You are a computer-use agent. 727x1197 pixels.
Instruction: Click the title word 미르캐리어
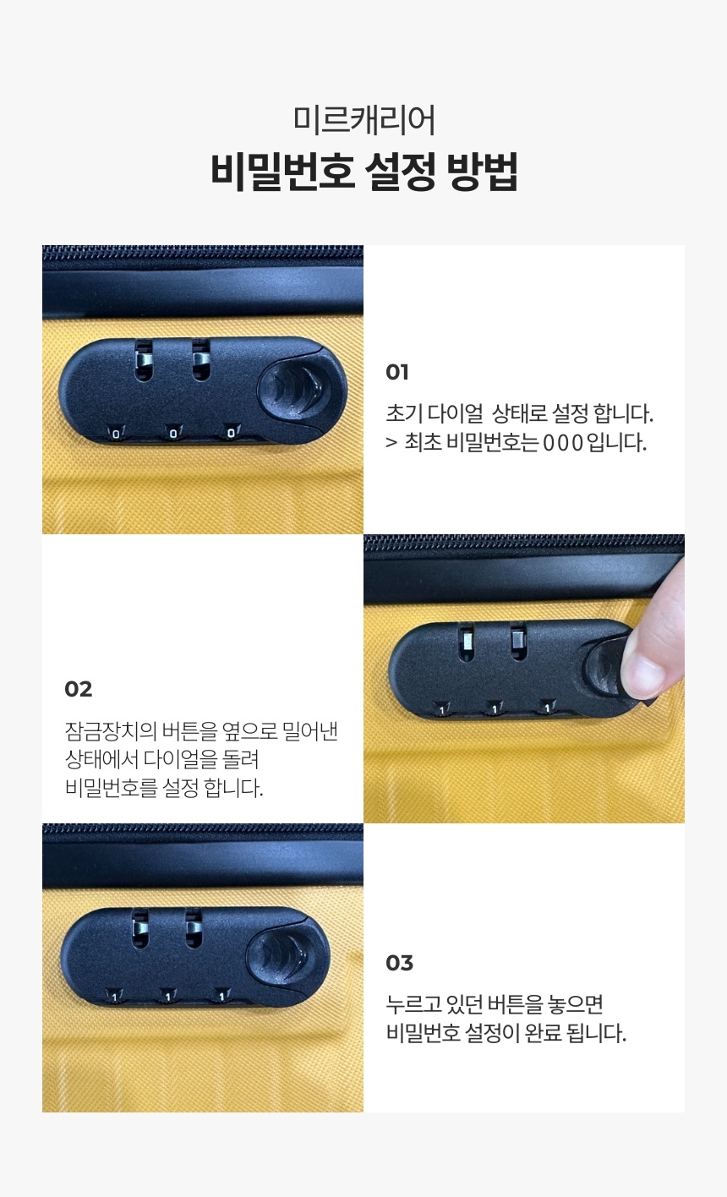(364, 120)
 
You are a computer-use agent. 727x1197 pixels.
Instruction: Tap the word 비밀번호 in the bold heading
(283, 172)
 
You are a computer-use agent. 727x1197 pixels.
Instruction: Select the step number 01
(397, 372)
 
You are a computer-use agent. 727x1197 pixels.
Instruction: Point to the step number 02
(78, 689)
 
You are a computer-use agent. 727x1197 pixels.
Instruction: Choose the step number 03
(399, 963)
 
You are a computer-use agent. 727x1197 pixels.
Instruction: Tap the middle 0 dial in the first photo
(173, 433)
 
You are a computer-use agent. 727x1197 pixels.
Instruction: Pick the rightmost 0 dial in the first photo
(231, 432)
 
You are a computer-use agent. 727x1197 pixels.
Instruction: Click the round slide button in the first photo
(293, 389)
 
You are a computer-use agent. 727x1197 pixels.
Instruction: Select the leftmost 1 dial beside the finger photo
(442, 709)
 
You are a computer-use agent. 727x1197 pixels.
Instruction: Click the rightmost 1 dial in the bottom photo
(221, 996)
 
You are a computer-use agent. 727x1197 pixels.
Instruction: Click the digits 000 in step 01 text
(563, 443)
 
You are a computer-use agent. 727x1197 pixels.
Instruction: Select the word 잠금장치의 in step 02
(111, 731)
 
